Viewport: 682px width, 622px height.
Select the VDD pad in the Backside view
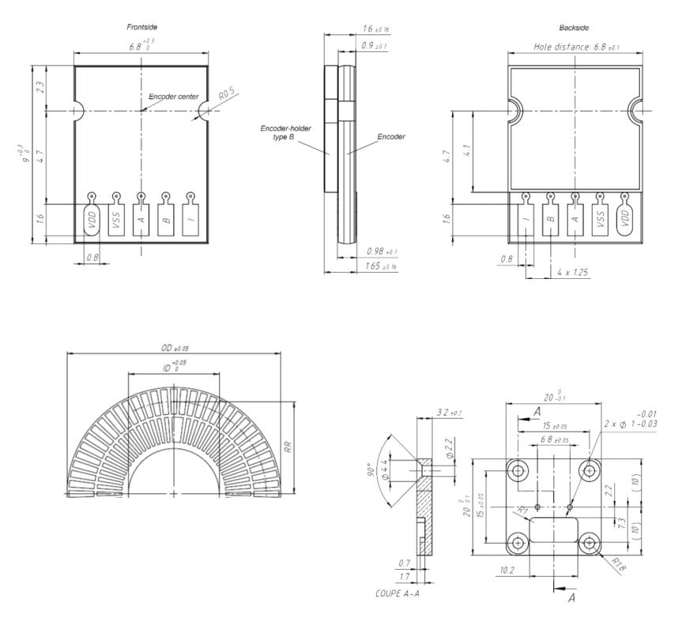(x=624, y=219)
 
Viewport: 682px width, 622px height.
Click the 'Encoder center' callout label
(x=174, y=96)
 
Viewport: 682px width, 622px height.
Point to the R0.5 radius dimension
(x=228, y=96)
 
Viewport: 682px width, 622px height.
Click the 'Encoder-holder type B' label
(x=286, y=132)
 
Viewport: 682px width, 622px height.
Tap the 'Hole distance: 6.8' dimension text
(x=576, y=47)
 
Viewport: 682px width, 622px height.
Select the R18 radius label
(x=624, y=564)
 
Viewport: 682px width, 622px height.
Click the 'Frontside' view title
(x=142, y=28)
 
